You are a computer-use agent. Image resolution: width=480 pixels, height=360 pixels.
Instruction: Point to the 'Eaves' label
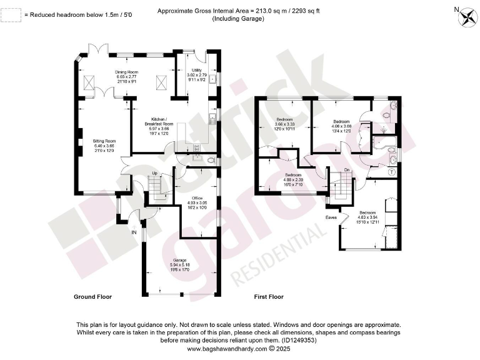(x=332, y=218)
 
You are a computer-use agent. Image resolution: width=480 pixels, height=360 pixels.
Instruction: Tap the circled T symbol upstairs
(x=391, y=171)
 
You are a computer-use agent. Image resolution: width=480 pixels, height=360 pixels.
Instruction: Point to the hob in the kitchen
(x=196, y=148)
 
